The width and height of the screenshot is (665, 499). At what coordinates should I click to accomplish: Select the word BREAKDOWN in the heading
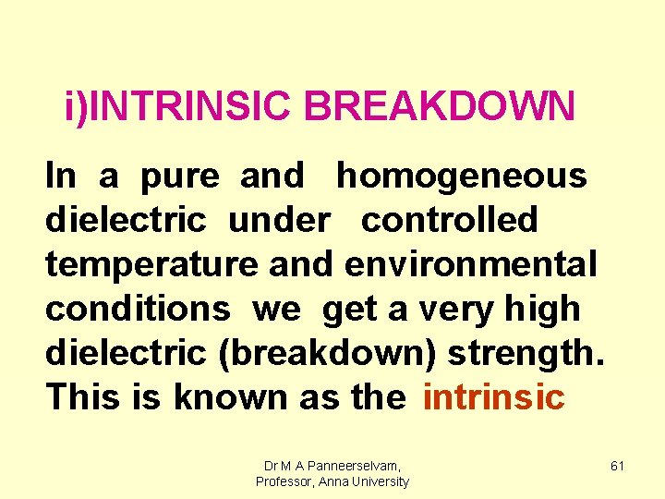point(440,107)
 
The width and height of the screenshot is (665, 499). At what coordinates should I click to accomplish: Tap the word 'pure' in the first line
point(180,176)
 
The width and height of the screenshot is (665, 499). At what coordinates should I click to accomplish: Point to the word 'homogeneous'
point(461,176)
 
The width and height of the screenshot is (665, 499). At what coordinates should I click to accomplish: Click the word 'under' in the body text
point(278,220)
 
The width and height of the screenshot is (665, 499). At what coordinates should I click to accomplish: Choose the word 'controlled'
point(449,220)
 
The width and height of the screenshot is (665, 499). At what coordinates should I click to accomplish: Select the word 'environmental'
point(471,264)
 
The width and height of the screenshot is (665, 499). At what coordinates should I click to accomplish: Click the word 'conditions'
point(138,309)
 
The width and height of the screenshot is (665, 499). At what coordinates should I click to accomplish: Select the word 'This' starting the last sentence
point(84,396)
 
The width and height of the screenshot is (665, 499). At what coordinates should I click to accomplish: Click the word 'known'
point(231,396)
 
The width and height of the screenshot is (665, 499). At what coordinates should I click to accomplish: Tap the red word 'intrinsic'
point(492,396)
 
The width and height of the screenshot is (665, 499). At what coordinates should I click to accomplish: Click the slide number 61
point(618,467)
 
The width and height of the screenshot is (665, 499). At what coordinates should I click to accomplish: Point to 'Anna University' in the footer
point(365,481)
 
